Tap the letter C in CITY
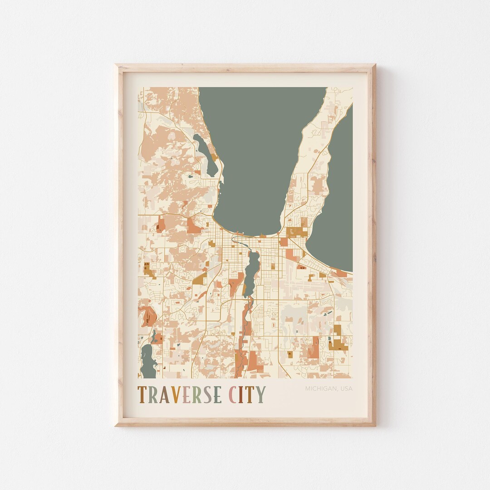coord(235,395)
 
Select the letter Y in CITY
coord(261,395)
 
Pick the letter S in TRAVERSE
coord(206,395)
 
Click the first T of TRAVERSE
coord(142,395)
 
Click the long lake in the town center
coord(251,272)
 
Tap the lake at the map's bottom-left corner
coord(147,361)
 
